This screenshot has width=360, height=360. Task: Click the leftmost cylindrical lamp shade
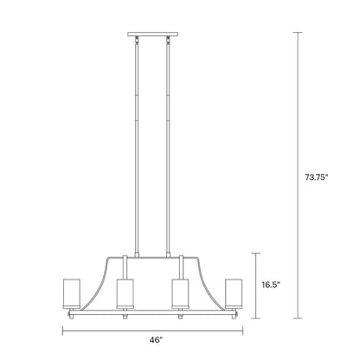point(72,292)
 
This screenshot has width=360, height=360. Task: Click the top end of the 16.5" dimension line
point(256,252)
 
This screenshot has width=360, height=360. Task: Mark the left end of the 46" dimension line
point(62,331)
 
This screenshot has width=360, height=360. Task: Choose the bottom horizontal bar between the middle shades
point(152,309)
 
